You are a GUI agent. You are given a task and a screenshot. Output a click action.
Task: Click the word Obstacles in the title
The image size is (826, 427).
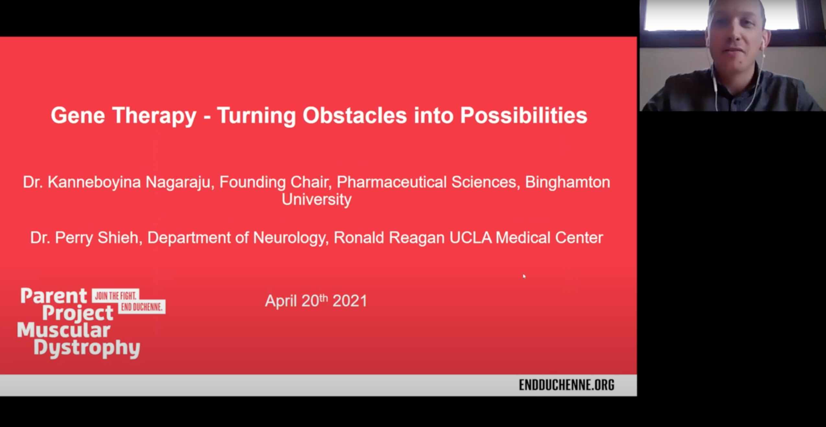pos(355,116)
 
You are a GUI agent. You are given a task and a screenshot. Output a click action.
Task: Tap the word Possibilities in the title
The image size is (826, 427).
pos(523,116)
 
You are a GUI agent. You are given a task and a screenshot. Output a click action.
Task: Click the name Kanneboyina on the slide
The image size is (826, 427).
pos(94,182)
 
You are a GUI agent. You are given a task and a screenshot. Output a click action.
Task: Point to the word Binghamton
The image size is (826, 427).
pos(567,182)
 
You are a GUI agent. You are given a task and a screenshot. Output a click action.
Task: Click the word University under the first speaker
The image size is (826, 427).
pos(316,199)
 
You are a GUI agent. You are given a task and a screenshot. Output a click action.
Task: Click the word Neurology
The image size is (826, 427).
pos(288,238)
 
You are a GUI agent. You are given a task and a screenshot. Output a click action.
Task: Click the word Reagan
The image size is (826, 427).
pos(416,238)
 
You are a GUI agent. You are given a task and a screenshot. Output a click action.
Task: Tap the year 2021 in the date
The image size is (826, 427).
pos(350,301)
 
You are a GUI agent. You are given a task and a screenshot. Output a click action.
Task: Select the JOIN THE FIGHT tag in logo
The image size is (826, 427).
pos(115,296)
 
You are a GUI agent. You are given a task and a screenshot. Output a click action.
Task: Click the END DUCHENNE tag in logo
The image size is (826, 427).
pos(142,307)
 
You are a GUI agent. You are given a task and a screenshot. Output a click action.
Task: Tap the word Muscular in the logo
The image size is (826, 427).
pos(64,331)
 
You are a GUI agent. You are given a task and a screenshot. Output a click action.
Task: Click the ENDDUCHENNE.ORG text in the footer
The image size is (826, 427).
pos(566,385)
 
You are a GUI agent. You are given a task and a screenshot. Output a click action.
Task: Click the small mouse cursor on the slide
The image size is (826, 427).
pos(524,276)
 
